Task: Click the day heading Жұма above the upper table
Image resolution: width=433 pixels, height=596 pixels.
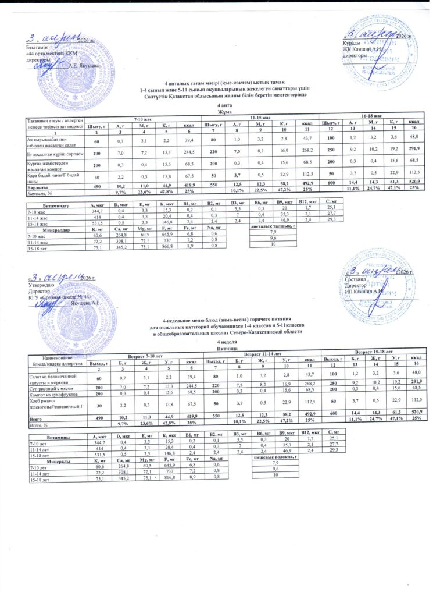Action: (x=216, y=111)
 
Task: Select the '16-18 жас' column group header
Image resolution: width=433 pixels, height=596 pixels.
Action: (x=371, y=117)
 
